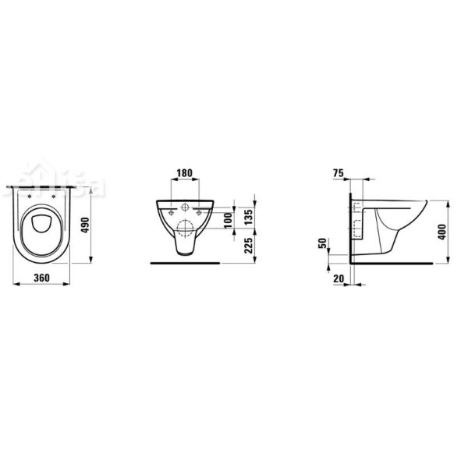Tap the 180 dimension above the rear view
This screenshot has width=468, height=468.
(185, 172)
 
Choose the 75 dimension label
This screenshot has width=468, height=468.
(338, 172)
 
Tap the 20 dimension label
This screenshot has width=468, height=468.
(338, 278)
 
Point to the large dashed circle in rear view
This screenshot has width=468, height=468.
(185, 229)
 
